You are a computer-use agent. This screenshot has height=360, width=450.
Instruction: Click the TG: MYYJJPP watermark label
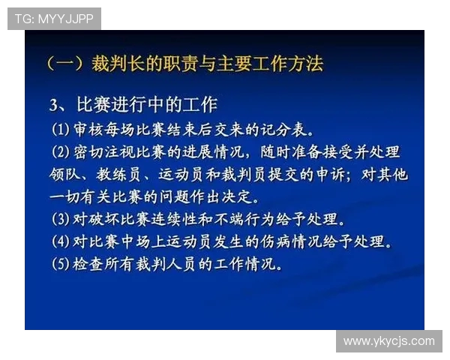click(x=54, y=19)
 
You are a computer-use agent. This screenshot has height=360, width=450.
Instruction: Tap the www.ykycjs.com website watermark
click(x=388, y=341)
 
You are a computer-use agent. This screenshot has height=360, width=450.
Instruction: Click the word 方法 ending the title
click(x=305, y=64)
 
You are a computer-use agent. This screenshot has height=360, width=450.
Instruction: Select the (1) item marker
click(x=59, y=128)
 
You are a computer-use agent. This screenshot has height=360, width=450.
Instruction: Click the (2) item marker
click(x=59, y=152)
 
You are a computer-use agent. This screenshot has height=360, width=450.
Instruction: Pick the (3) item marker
click(x=59, y=221)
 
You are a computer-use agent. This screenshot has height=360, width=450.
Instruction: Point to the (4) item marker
click(x=59, y=244)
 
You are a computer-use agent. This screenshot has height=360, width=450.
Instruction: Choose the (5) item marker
click(x=59, y=266)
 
